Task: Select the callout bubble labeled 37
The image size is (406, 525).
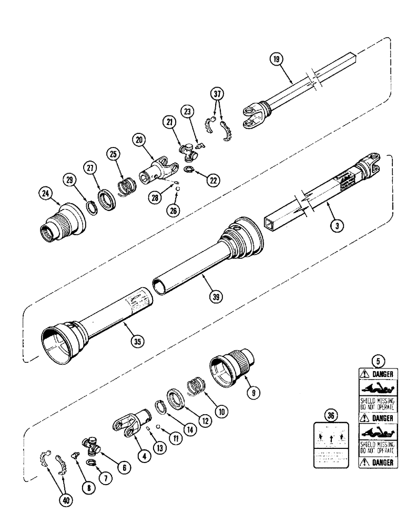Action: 217,95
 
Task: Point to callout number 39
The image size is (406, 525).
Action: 215,296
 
